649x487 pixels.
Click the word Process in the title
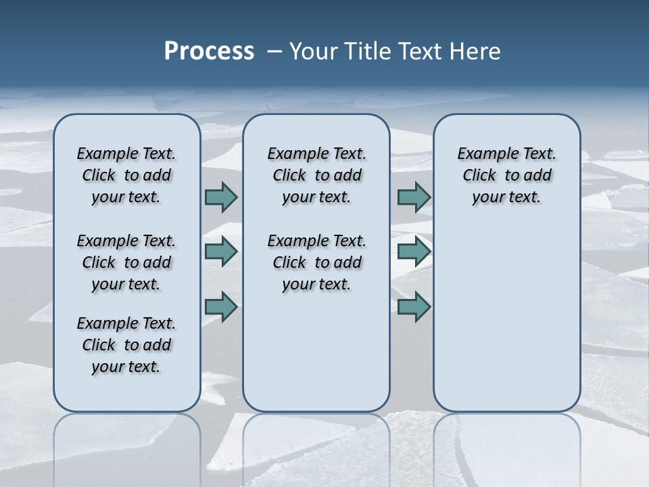209,51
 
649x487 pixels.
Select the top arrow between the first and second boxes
221,197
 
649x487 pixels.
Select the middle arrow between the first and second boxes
221,252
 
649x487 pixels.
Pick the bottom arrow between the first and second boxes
221,307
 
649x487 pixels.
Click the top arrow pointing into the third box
414,197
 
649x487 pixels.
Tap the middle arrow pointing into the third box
414,252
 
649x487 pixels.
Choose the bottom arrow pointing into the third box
414,307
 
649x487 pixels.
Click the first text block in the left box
126,175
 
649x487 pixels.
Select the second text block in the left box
126,262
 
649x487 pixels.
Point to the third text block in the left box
126,345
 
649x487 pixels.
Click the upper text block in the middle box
316,175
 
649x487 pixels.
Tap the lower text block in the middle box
316,262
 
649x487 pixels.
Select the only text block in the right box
506,175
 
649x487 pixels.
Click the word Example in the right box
483,154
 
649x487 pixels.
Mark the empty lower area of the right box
506,318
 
